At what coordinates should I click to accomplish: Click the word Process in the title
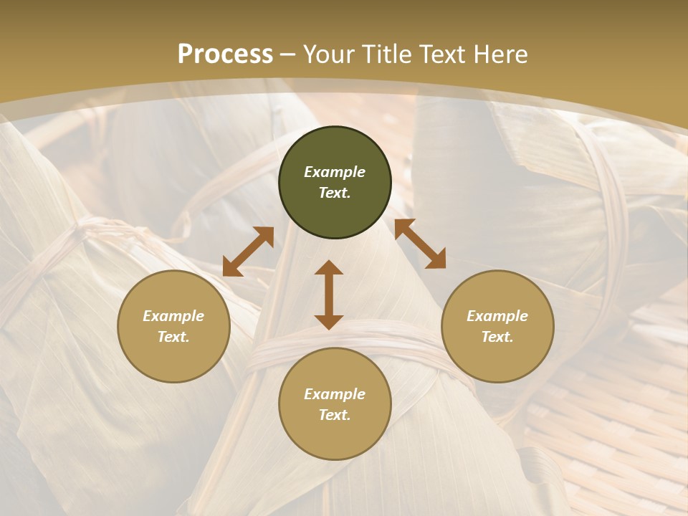click(x=225, y=54)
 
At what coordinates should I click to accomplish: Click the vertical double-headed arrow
click(x=329, y=295)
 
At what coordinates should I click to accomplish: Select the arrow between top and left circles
click(x=248, y=252)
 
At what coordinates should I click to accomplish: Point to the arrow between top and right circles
click(x=420, y=244)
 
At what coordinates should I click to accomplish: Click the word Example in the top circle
click(x=335, y=172)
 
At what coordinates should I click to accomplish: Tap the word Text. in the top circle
click(x=335, y=193)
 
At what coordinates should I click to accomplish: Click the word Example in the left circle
click(x=173, y=316)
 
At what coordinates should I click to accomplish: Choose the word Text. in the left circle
click(x=173, y=337)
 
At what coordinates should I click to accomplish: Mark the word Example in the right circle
click(x=497, y=316)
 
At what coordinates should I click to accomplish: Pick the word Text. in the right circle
click(x=497, y=337)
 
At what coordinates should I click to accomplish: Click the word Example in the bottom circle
click(x=335, y=394)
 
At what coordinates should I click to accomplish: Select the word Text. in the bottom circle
click(x=335, y=415)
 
